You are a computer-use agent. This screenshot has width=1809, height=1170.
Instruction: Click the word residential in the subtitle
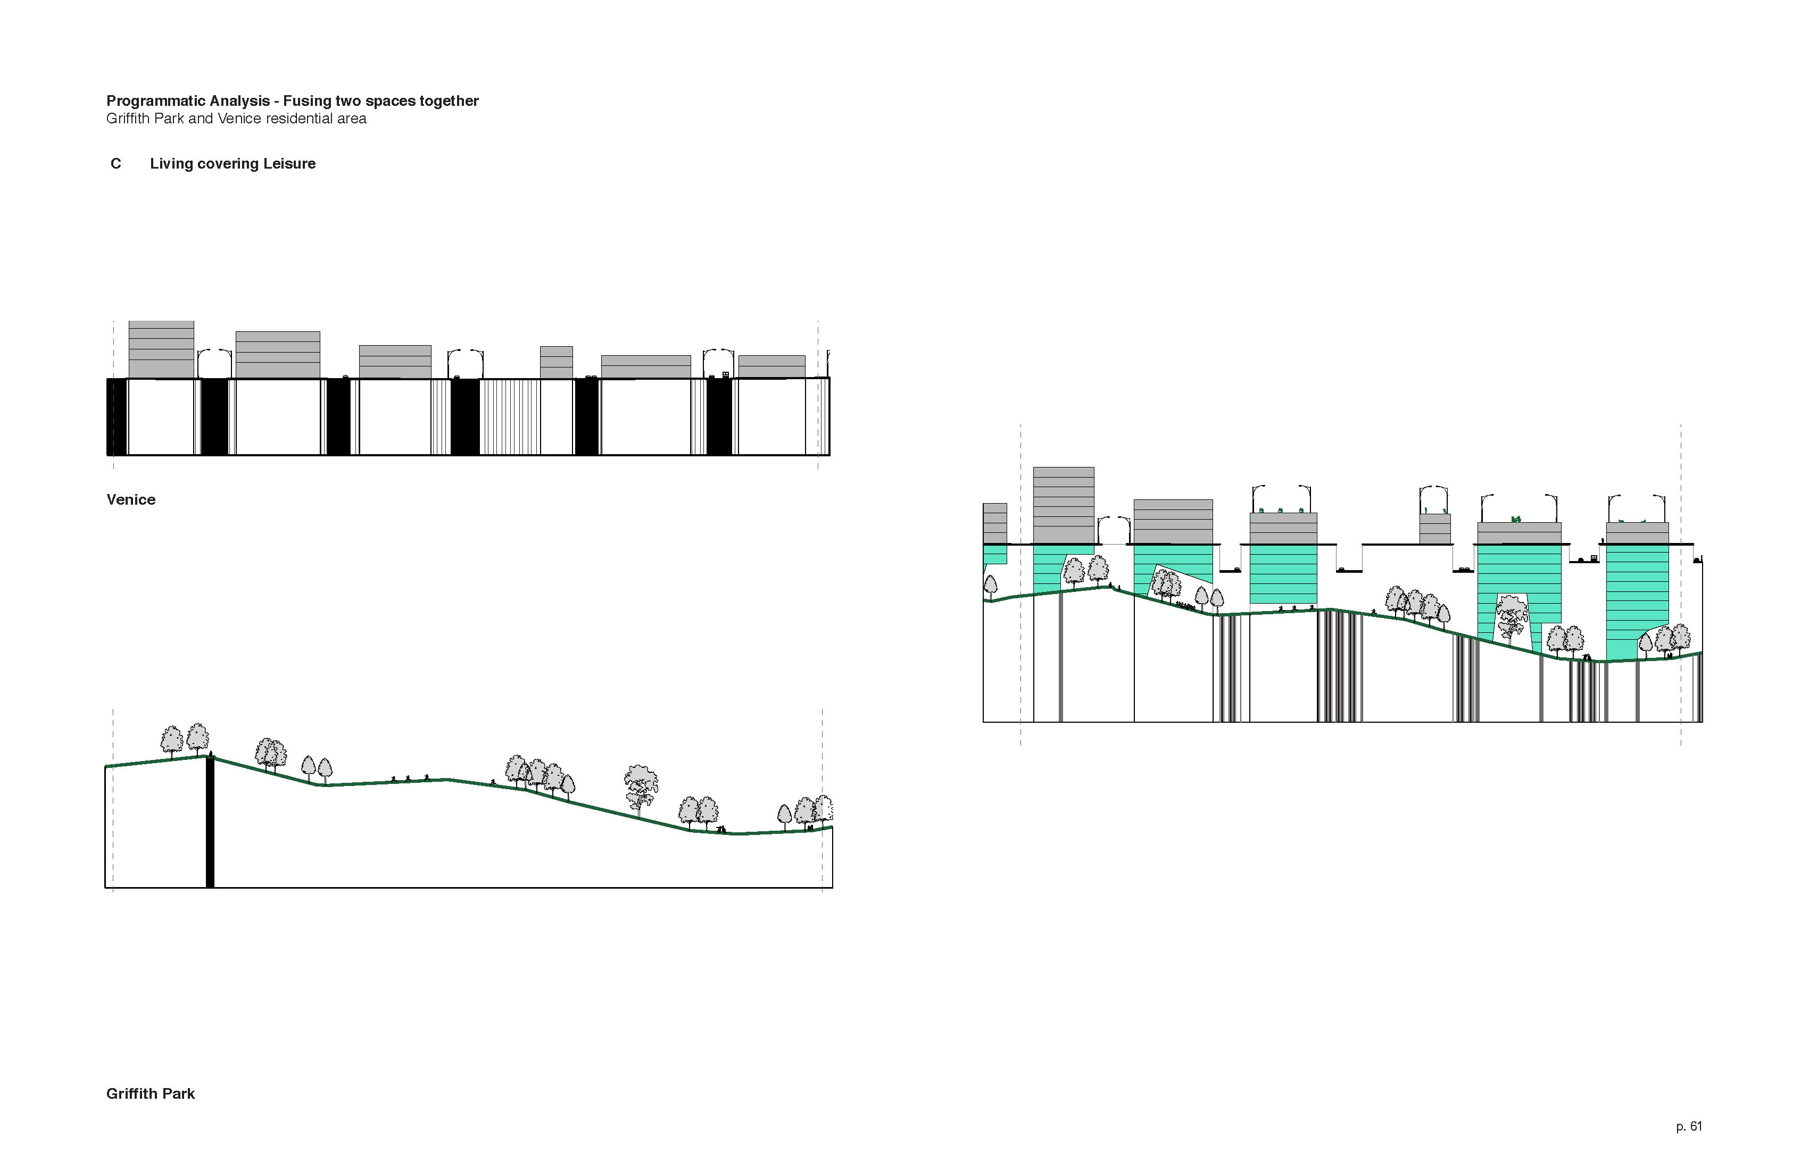(x=298, y=119)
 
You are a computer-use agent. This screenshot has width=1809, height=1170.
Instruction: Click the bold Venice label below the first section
(x=131, y=500)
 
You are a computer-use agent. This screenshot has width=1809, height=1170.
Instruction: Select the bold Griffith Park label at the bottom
(x=151, y=1094)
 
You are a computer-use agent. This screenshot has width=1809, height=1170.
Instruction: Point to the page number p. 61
(x=1688, y=1127)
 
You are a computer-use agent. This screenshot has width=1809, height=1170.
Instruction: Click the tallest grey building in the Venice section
(x=161, y=349)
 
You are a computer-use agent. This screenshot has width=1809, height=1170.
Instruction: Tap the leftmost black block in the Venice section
(x=117, y=416)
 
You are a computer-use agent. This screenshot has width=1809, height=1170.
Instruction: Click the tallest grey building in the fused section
(x=1064, y=505)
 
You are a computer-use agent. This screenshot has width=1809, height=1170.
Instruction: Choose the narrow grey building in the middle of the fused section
(x=1434, y=529)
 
